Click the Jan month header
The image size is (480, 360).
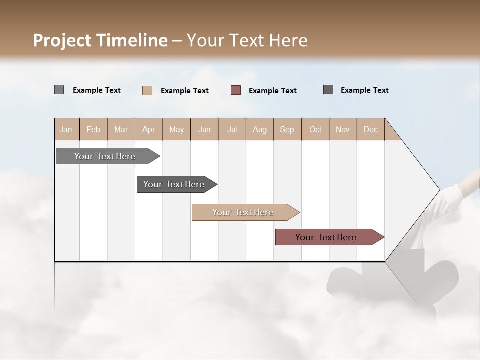pos(66,129)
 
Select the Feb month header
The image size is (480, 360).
pos(93,129)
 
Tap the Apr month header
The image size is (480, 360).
pos(148,129)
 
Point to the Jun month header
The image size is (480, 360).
pos(204,129)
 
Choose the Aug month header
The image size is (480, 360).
pos(259,129)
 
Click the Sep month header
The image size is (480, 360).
pos(287,129)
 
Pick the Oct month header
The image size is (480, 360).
pos(315,129)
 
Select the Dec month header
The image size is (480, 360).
pos(370,129)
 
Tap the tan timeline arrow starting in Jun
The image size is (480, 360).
pos(243,212)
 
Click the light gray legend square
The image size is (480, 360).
pos(59,90)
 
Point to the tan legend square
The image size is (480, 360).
pos(147,90)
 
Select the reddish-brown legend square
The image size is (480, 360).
pos(236,90)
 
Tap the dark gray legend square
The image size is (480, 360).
pos(328,90)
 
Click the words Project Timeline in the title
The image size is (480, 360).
pos(100,40)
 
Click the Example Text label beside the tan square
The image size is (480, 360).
pos(185,91)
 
